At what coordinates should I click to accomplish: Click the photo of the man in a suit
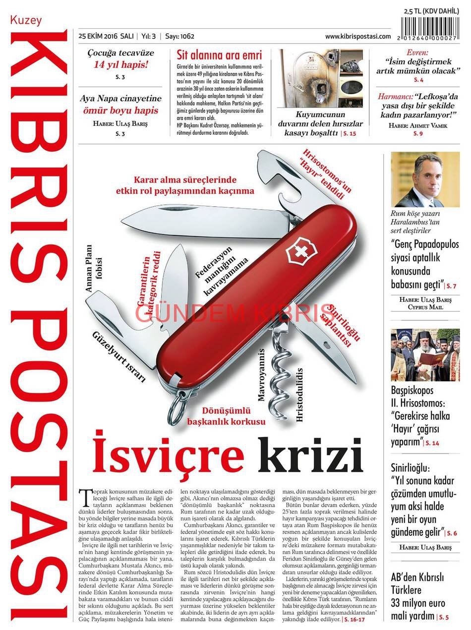pyautogui.click(x=425, y=179)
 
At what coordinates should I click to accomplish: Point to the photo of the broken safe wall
pyautogui.click(x=320, y=78)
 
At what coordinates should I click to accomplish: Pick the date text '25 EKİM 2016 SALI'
pyautogui.click(x=106, y=37)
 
